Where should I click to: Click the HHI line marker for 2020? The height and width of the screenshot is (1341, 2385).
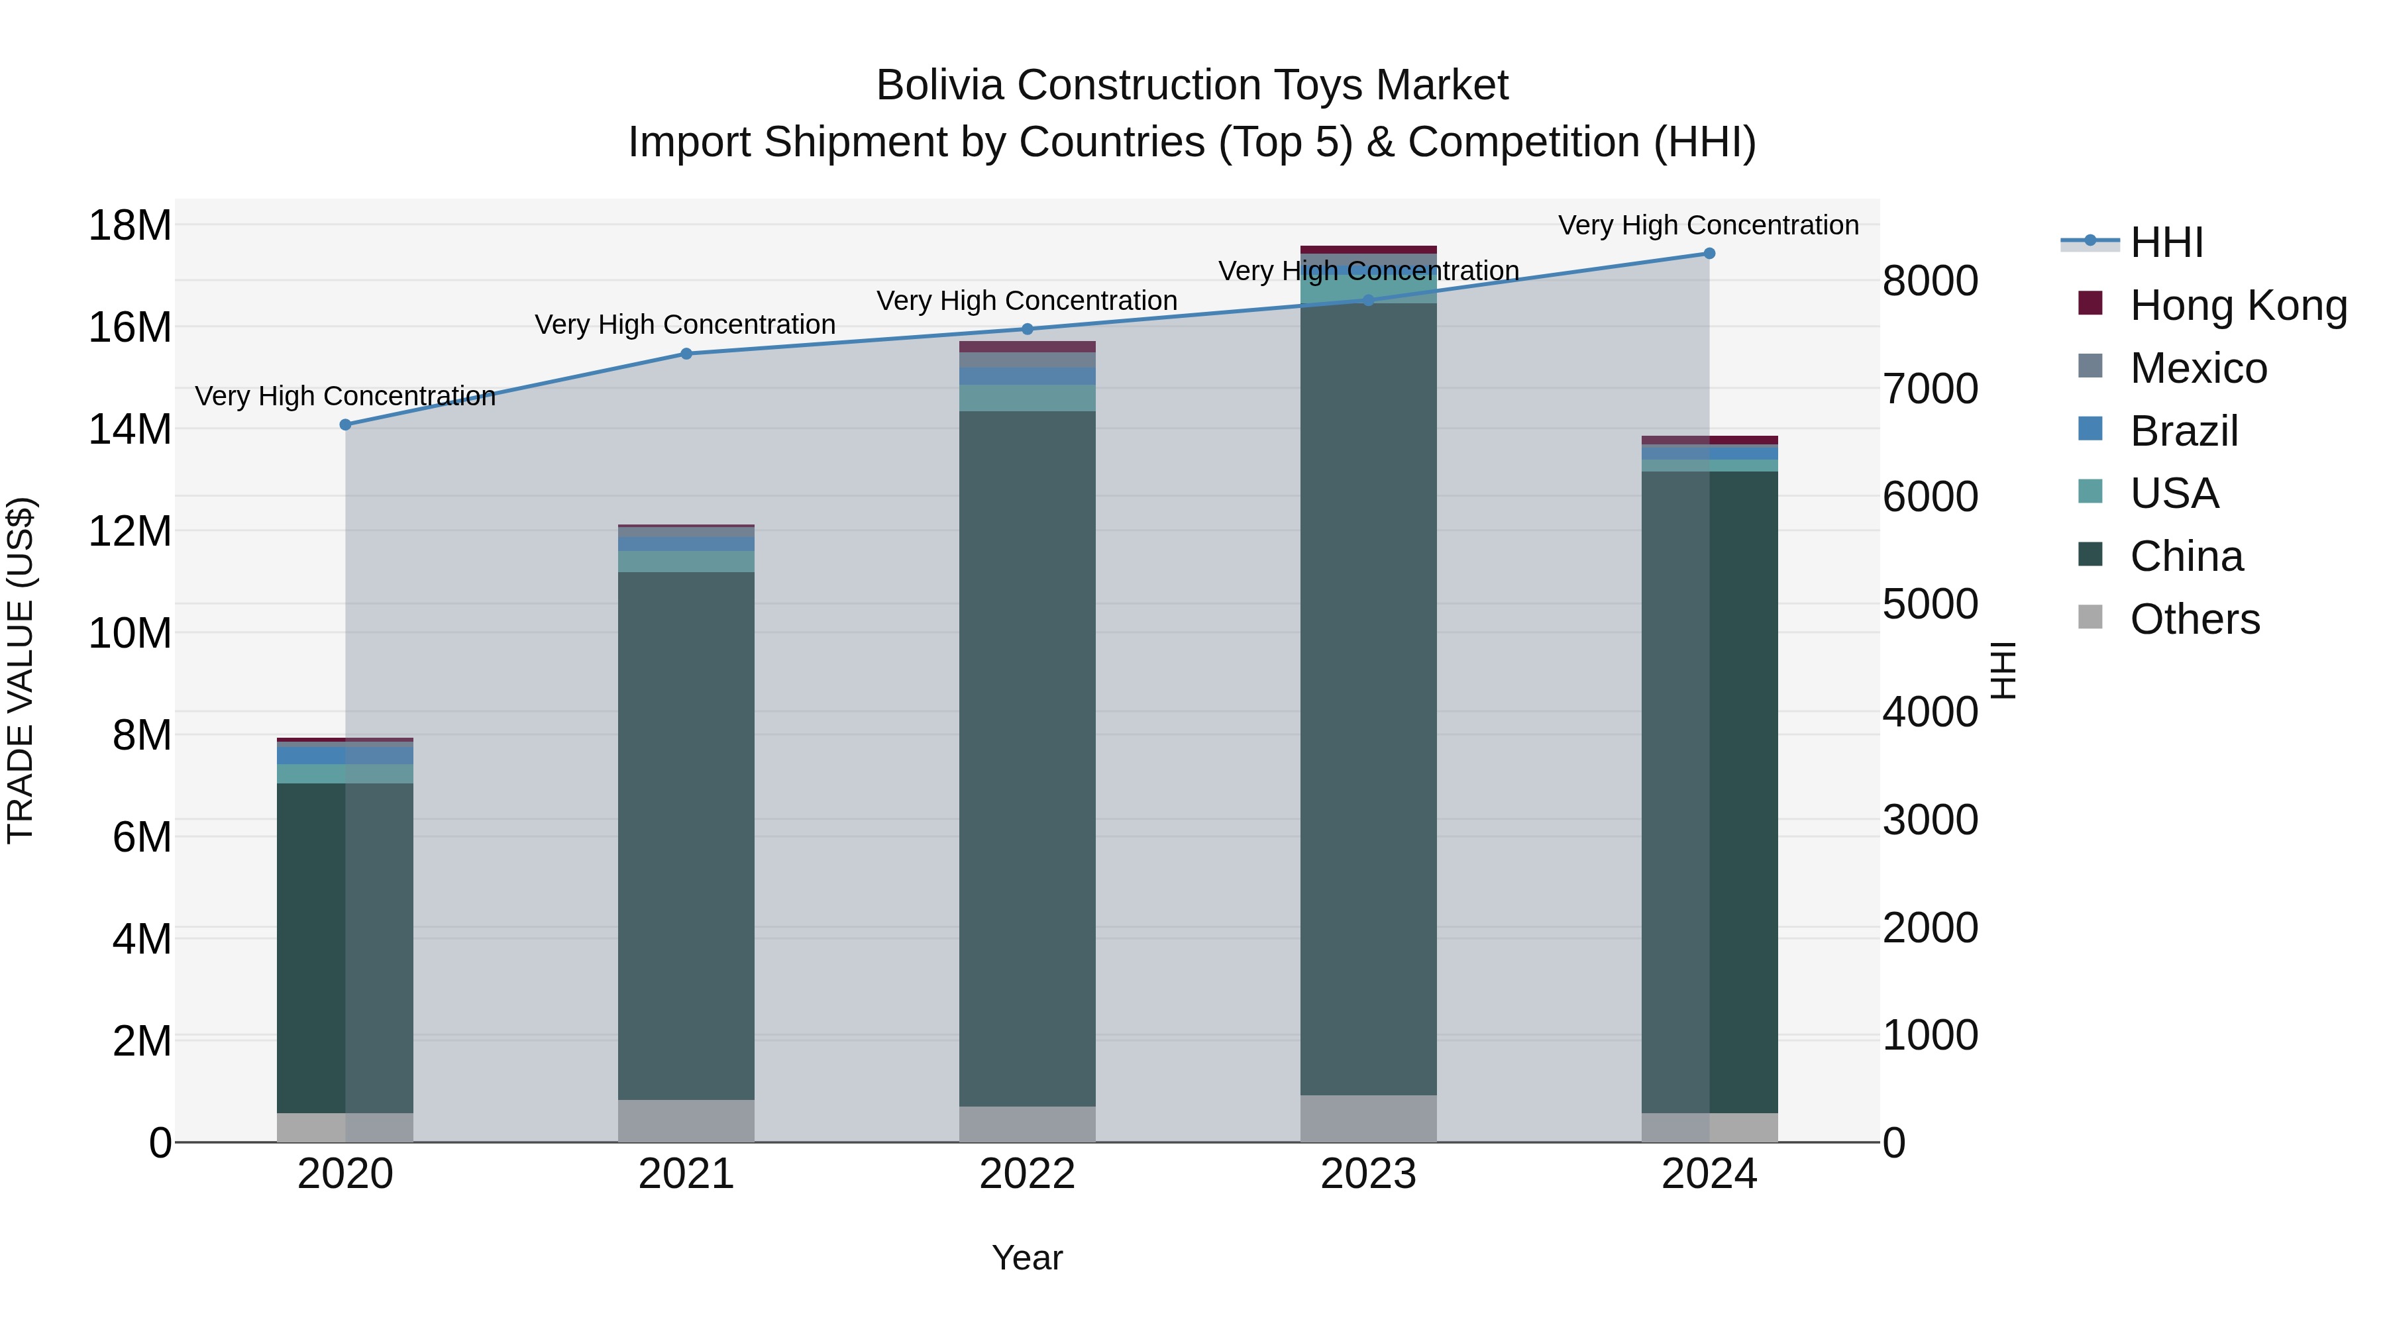(x=345, y=424)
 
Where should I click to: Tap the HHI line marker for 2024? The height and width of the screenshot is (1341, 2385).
(x=1709, y=254)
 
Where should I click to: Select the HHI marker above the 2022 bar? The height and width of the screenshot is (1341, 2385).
(x=1027, y=330)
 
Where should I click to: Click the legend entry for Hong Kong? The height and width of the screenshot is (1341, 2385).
(x=2238, y=305)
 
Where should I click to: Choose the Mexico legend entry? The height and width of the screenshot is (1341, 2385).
(x=2198, y=368)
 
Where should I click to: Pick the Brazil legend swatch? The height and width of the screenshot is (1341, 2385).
(x=2091, y=429)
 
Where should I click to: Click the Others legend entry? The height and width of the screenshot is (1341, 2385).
(x=2194, y=619)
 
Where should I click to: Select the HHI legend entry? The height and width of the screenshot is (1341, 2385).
(x=2166, y=242)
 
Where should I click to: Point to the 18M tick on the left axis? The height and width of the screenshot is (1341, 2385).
(x=130, y=226)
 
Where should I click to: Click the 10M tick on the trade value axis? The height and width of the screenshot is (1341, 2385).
(x=130, y=634)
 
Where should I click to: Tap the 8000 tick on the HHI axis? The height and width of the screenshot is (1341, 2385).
(x=1931, y=281)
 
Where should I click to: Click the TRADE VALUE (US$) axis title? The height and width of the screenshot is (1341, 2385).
(x=21, y=670)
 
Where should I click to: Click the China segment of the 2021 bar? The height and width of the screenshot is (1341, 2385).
(x=686, y=833)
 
